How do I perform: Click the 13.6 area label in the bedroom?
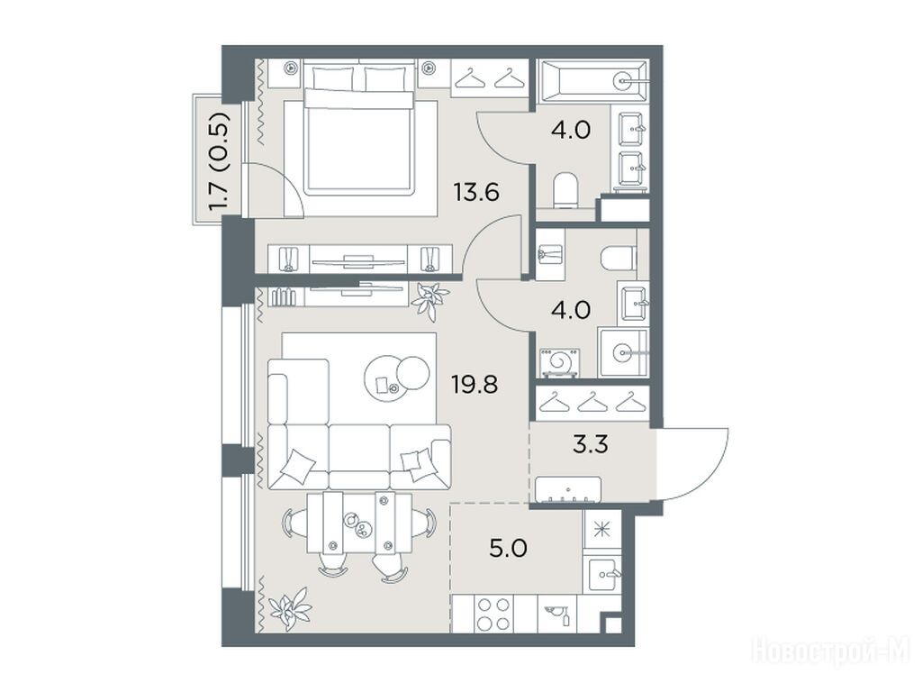[476, 192]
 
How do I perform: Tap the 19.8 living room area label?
[475, 385]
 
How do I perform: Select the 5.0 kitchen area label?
[508, 549]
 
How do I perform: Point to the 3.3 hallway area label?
[591, 444]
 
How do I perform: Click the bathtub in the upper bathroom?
[594, 81]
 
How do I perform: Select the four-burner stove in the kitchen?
[493, 614]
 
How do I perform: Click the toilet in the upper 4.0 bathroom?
[566, 190]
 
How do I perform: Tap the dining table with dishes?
[358, 523]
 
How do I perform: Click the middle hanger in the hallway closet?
[592, 403]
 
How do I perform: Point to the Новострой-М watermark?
[830, 651]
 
